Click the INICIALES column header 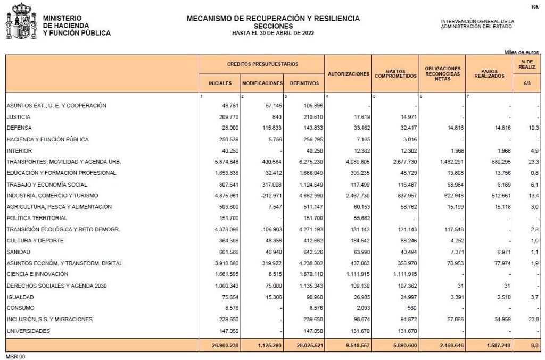click(220, 83)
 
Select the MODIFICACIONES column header click(262, 83)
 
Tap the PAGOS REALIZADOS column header click(489, 74)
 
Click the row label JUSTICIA click(19, 117)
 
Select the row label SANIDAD click(19, 252)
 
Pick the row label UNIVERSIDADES click(28, 331)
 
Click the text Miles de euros click(522, 52)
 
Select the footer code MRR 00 click(15, 356)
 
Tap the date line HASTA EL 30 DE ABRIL click(273, 33)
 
